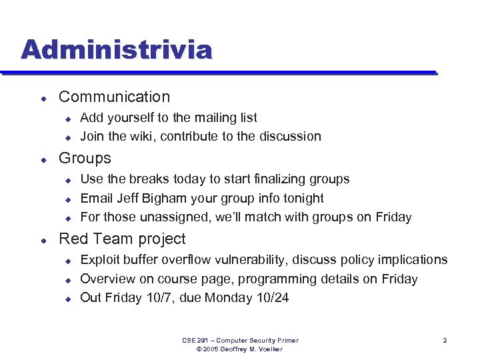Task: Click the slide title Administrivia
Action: [116, 50]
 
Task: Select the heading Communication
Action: [114, 97]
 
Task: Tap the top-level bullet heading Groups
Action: [85, 158]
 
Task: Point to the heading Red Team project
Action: [122, 239]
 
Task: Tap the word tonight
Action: [301, 198]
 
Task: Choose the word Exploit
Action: [101, 259]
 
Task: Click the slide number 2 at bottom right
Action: [445, 341]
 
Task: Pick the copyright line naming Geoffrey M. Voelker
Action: [241, 349]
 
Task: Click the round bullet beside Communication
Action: [43, 97]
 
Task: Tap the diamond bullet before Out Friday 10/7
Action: [67, 299]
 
